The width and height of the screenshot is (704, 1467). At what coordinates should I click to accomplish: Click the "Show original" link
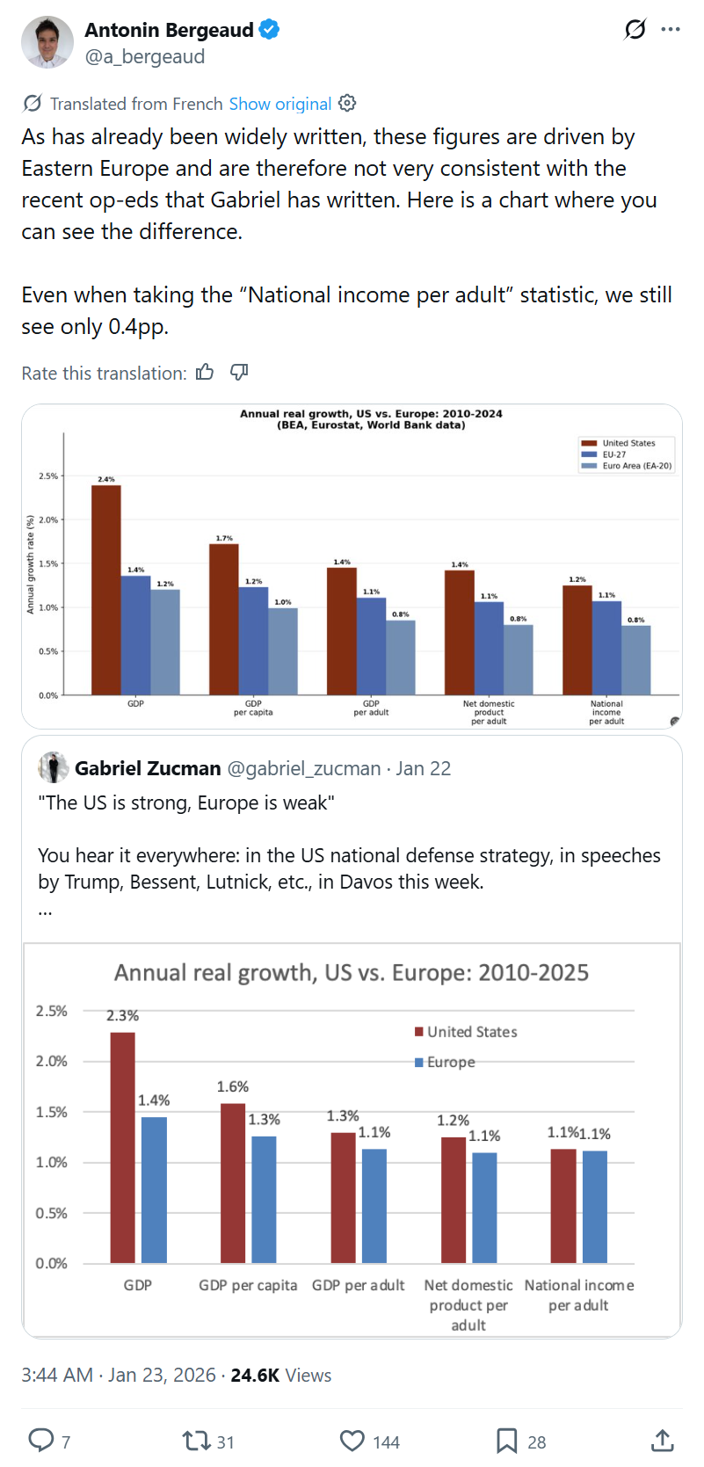279,104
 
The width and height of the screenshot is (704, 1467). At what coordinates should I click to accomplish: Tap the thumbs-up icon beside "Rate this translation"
205,373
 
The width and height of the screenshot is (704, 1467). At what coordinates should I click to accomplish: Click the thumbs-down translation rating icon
239,373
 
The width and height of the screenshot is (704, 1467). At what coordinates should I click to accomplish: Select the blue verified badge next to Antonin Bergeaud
269,30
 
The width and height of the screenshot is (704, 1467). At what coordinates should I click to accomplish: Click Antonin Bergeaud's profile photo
47,42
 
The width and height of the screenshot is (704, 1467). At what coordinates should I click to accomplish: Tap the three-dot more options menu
671,30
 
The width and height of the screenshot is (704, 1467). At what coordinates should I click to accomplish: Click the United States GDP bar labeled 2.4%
106,589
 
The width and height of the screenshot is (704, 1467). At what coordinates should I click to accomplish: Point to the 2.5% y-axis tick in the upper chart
48,476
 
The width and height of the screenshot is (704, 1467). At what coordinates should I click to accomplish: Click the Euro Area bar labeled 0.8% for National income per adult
635,659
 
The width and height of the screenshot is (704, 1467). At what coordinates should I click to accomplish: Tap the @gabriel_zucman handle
303,768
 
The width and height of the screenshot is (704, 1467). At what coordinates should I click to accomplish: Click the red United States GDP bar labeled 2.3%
122,1147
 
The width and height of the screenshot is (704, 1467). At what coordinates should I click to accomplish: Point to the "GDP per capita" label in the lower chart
248,1285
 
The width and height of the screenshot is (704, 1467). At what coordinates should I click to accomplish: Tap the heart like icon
352,1441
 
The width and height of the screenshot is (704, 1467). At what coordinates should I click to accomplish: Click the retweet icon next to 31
195,1441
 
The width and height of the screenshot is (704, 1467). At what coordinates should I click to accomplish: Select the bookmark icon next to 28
506,1441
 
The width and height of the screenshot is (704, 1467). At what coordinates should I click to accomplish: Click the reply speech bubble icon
41,1440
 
